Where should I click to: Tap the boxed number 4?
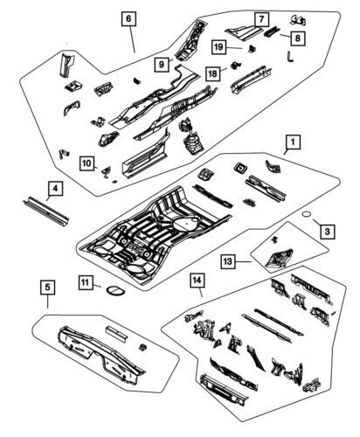tap(54, 187)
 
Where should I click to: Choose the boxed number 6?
tap(128, 17)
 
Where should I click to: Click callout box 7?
tap(261, 18)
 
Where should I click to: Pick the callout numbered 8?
tap(298, 38)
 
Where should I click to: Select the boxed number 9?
tap(163, 63)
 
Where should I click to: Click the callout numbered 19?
tap(219, 47)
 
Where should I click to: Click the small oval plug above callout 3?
tap(306, 212)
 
